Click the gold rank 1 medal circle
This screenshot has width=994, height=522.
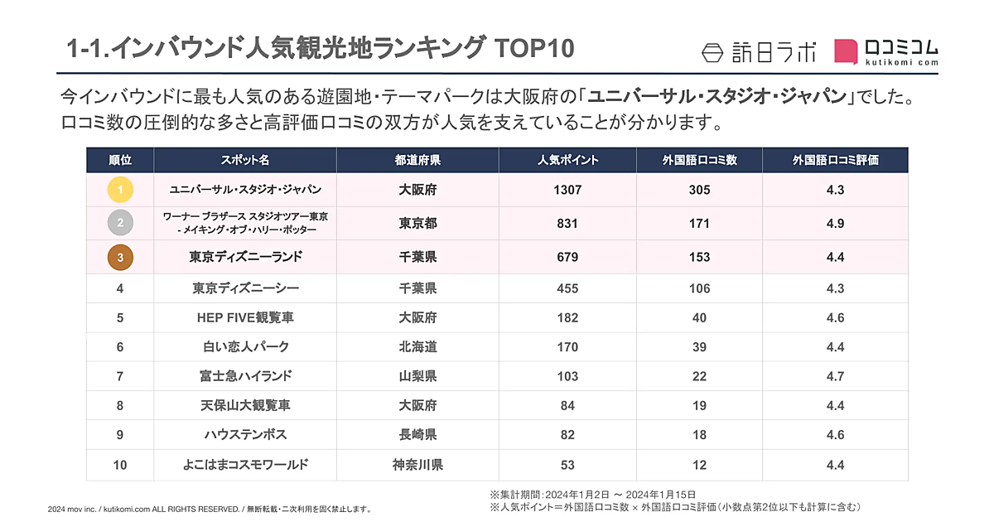[120, 190]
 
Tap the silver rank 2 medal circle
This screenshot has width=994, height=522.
[120, 223]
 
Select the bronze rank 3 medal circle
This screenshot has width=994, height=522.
[120, 258]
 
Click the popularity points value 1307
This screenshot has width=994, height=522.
[567, 190]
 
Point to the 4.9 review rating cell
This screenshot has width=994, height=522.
[835, 223]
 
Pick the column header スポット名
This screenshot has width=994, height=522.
[245, 160]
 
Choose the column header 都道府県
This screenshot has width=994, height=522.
[417, 160]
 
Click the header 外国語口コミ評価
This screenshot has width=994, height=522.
[835, 160]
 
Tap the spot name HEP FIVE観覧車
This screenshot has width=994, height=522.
[245, 317]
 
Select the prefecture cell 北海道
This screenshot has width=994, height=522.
[417, 347]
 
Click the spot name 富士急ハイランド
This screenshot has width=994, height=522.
[245, 376]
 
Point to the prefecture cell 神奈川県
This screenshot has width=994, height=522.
[417, 465]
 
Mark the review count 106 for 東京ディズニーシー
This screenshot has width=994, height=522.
[699, 288]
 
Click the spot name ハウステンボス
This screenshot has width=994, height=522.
[245, 435]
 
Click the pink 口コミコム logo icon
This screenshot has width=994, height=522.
[846, 52]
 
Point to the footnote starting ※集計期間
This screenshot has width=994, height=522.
[592, 494]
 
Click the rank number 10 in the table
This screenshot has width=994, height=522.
[120, 465]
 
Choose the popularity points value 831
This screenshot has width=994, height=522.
[567, 223]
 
